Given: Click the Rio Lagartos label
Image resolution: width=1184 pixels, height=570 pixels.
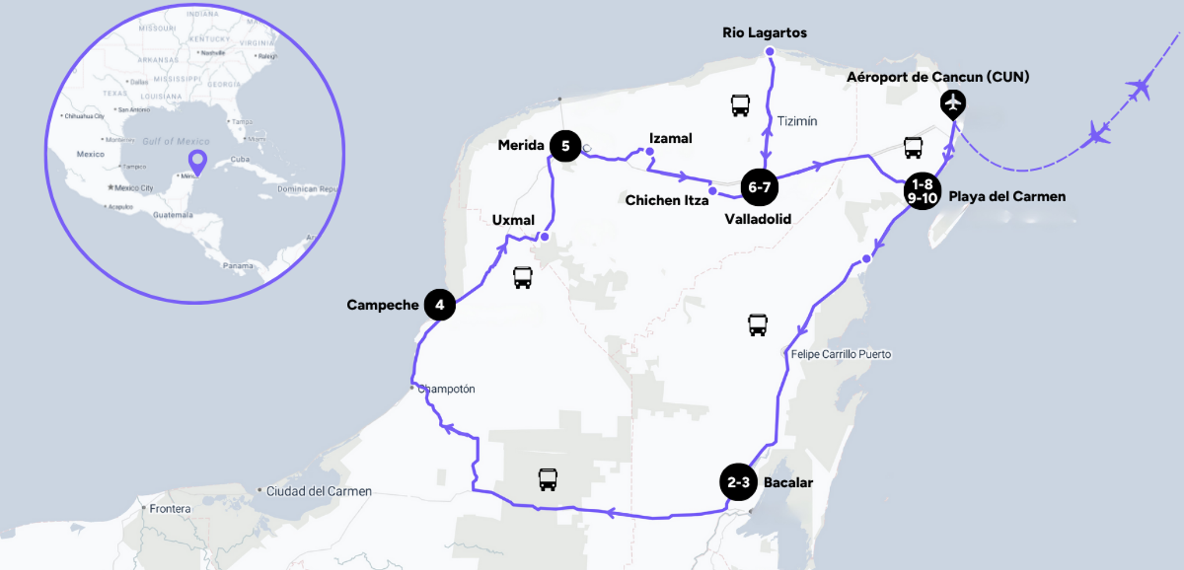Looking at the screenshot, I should point(764,33).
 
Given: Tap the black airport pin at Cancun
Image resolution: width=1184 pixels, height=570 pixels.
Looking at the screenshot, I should point(953,104).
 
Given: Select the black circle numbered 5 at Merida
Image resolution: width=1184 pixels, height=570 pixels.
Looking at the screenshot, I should point(565,146).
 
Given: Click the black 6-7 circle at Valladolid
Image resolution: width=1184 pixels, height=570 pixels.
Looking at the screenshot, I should point(759,187).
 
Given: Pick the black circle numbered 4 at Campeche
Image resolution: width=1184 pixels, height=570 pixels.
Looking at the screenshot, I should point(439,305).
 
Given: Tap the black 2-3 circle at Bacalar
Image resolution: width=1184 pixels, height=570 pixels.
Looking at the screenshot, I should point(738,482).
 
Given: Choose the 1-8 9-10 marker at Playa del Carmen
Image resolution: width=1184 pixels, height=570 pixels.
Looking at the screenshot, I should point(922,191).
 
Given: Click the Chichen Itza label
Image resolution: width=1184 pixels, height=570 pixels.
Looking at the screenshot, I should point(667,201).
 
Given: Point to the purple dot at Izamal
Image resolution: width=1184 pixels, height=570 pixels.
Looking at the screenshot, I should point(650,151).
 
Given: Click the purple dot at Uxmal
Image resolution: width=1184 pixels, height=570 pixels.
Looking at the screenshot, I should point(545,236).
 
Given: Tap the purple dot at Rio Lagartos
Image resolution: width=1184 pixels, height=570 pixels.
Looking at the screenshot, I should point(769,51).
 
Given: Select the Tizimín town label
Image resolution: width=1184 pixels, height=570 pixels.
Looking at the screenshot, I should point(797,121).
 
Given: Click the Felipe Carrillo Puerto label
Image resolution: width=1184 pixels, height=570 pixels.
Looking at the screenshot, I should point(841,354).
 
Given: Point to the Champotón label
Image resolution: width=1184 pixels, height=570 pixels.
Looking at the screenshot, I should point(446,389).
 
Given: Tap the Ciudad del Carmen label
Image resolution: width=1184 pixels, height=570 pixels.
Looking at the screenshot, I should point(319,491).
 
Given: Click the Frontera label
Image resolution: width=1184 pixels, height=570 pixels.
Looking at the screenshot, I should point(170,509).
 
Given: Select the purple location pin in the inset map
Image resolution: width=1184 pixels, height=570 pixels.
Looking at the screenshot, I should point(198,161).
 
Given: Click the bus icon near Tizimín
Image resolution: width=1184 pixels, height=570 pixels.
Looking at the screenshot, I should point(740,106).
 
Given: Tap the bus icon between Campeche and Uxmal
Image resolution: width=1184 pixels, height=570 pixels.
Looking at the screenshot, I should point(523,277).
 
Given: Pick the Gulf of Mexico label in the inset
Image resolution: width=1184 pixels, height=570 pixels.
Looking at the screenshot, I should point(176,142).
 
